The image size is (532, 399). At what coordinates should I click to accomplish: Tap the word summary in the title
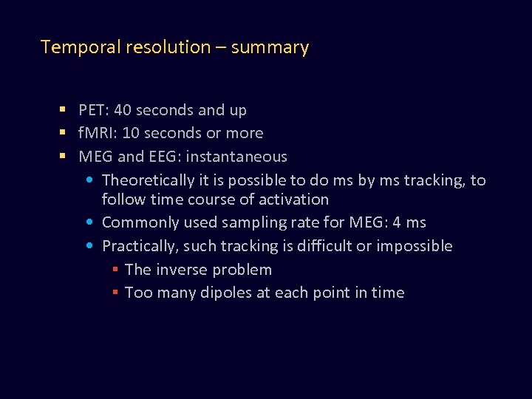pos(270,47)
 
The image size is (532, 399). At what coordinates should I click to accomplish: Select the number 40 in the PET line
pos(123,110)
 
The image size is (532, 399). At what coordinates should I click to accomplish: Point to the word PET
pos(92,110)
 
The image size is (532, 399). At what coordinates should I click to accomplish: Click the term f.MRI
pos(98,133)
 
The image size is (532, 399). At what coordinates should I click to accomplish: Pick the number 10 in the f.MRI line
pos(131,133)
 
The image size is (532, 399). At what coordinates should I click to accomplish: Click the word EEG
pos(164,157)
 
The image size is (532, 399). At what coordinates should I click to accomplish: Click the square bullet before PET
pos(64,110)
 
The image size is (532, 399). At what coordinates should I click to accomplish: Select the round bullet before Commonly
pos(89,222)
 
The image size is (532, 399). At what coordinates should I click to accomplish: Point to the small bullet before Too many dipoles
pos(115,293)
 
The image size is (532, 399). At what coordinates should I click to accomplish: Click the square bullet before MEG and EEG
pos(64,157)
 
